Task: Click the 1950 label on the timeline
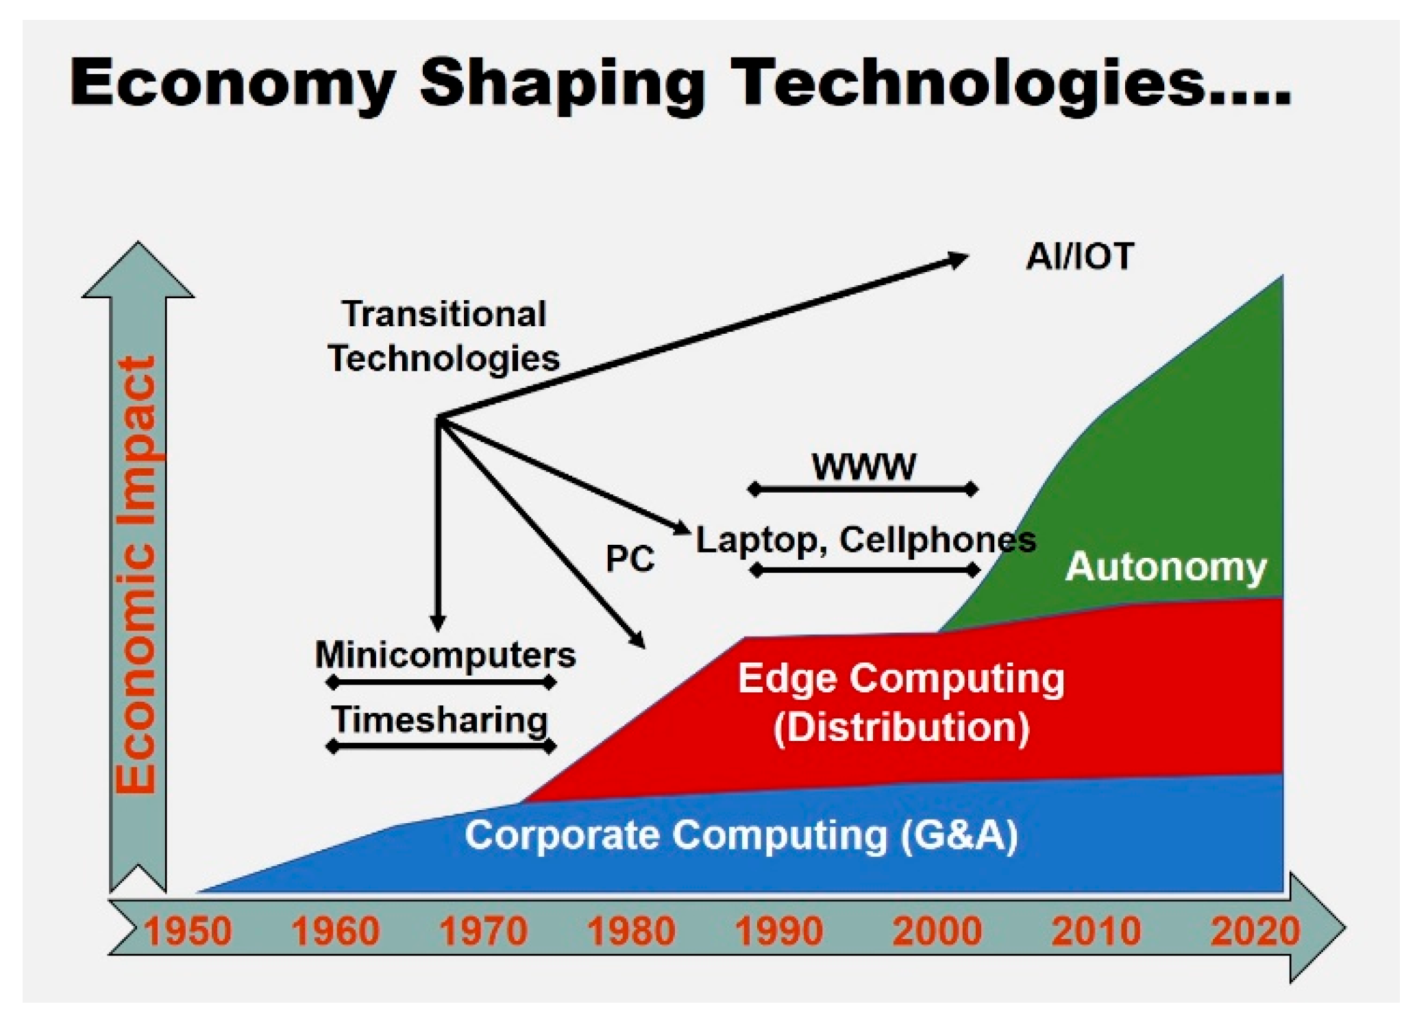(x=188, y=931)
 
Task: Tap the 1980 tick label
(x=631, y=931)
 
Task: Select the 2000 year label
(x=937, y=931)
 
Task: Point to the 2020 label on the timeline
(x=1255, y=931)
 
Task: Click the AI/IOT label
(x=1079, y=257)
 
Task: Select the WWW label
(x=863, y=467)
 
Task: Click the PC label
(x=630, y=559)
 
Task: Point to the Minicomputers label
(x=445, y=655)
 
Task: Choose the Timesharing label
(x=440, y=720)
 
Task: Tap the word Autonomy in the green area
(x=1166, y=568)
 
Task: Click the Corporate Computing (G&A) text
(x=741, y=836)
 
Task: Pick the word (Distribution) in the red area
(x=902, y=728)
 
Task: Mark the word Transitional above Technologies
(x=444, y=315)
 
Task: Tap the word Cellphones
(x=937, y=540)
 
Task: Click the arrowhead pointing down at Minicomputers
(x=438, y=622)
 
